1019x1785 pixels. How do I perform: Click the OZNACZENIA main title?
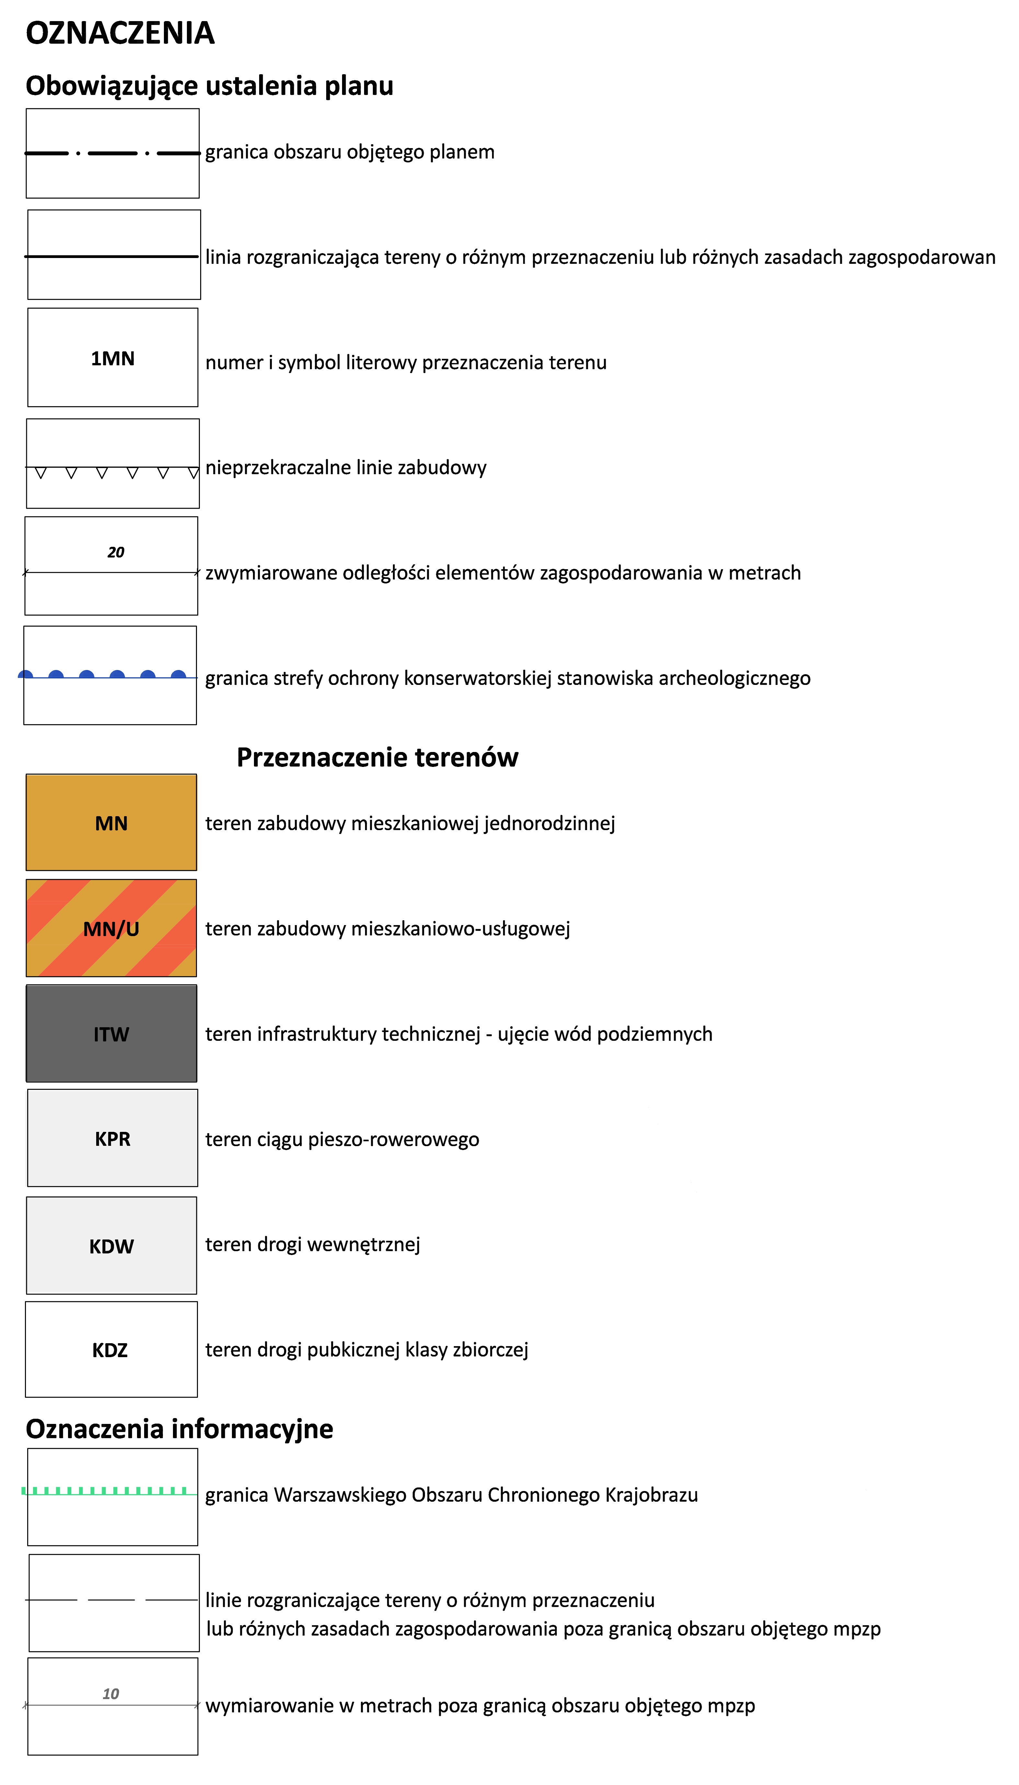point(120,33)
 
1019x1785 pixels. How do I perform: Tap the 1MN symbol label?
point(113,358)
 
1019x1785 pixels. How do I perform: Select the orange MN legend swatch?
point(111,823)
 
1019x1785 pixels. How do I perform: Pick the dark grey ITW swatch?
point(111,1034)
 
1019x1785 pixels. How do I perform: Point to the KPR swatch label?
point(113,1139)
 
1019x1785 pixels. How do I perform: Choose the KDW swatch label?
point(111,1246)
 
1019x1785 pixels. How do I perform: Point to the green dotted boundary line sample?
point(105,1490)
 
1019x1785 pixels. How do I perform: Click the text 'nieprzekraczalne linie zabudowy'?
point(346,467)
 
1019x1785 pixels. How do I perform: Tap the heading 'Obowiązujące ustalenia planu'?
point(209,86)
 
